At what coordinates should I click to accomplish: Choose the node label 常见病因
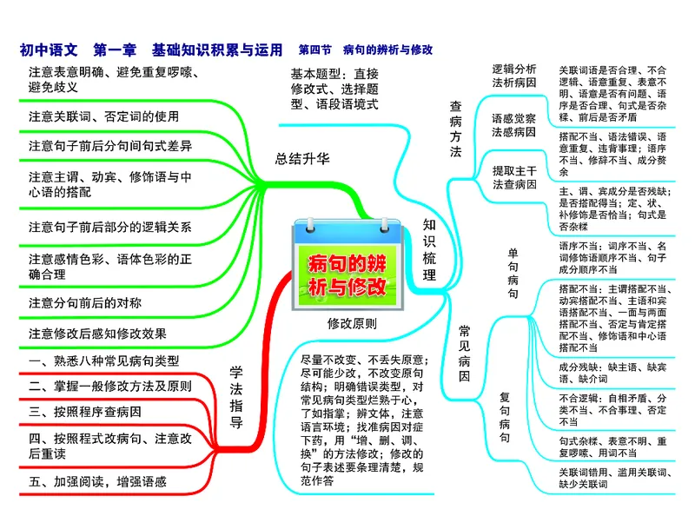465,353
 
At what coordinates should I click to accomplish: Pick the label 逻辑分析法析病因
514,76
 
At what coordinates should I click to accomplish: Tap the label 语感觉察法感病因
514,125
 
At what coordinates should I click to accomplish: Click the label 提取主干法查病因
514,176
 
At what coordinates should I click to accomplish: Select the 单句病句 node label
513,273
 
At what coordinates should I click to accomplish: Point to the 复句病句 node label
504,417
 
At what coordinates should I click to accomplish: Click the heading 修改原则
352,323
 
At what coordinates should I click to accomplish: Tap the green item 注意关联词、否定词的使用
103,116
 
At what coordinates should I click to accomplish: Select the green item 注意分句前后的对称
84,302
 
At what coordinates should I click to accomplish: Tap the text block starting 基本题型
334,88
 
